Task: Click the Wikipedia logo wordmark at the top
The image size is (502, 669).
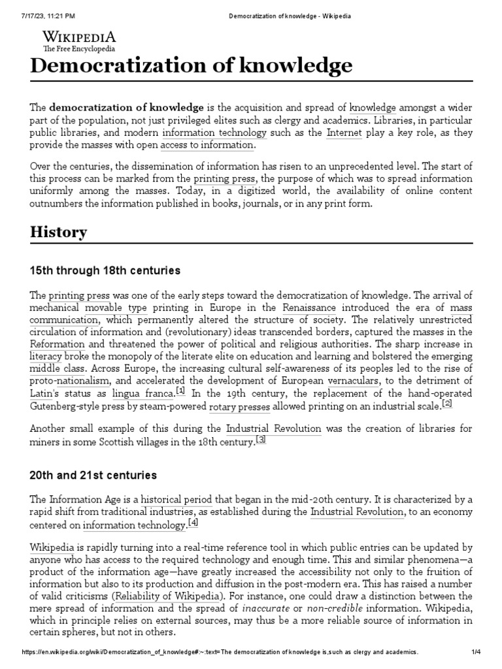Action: coord(79,37)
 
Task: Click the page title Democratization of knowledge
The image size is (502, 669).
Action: coord(191,66)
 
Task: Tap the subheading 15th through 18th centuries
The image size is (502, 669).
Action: coord(105,270)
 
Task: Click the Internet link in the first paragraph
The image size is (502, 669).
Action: coord(344,133)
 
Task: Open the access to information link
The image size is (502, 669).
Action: coord(207,145)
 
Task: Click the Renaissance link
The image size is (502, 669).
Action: coord(309,307)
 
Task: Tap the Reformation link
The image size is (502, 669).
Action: coord(58,344)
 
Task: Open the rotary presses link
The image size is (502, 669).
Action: coord(239,407)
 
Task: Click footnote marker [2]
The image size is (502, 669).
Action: coord(447,404)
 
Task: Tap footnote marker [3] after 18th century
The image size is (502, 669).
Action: coord(261,440)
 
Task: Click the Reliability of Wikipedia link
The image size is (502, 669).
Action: coord(169,596)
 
